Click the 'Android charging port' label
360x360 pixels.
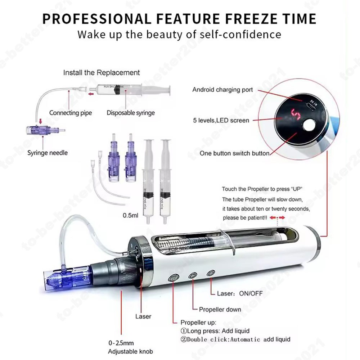coord(222,90)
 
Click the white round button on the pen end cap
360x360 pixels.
coord(308,126)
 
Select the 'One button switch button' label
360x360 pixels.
coord(234,153)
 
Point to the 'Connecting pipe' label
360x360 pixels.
coord(71,113)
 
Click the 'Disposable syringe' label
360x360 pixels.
coord(131,113)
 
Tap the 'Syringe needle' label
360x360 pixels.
coord(48,153)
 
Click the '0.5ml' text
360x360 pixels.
coord(131,216)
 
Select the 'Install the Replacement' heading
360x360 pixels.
coord(102,72)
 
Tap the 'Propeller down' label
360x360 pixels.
coord(220,309)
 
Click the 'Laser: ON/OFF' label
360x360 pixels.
coord(239,293)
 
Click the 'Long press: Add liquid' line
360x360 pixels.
coord(215,330)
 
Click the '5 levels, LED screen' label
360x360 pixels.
coord(221,120)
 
